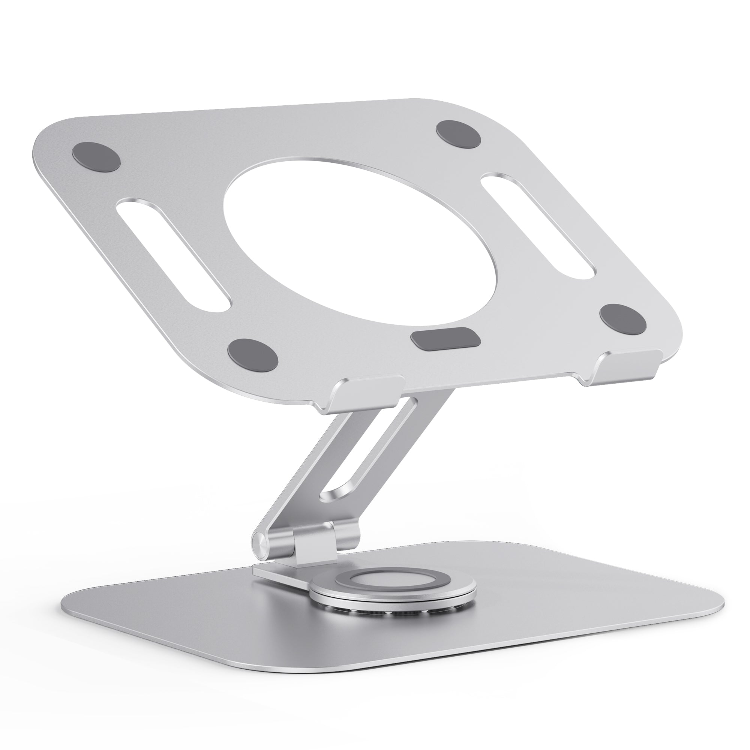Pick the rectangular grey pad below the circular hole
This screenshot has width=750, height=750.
click(x=445, y=337)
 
